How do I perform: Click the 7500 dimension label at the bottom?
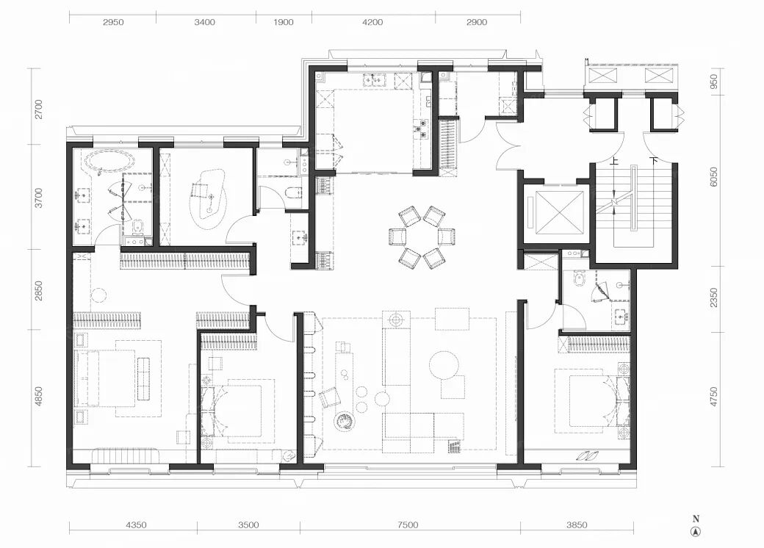click(x=407, y=524)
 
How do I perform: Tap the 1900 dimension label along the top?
click(x=283, y=22)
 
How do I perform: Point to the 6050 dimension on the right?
click(x=714, y=177)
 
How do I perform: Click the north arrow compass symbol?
click(x=696, y=532)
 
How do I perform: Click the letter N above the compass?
click(x=696, y=519)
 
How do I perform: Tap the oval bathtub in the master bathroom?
click(x=110, y=161)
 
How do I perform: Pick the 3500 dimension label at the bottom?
click(x=248, y=524)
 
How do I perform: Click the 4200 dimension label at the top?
click(x=372, y=22)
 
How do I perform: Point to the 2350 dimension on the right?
click(x=714, y=298)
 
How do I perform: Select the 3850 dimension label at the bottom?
click(x=577, y=524)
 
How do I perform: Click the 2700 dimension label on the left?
click(x=38, y=109)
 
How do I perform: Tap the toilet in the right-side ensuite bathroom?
click(x=580, y=278)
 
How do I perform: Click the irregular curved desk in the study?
click(x=209, y=199)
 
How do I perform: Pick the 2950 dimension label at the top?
click(x=113, y=22)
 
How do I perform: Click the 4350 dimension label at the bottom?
click(x=136, y=524)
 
